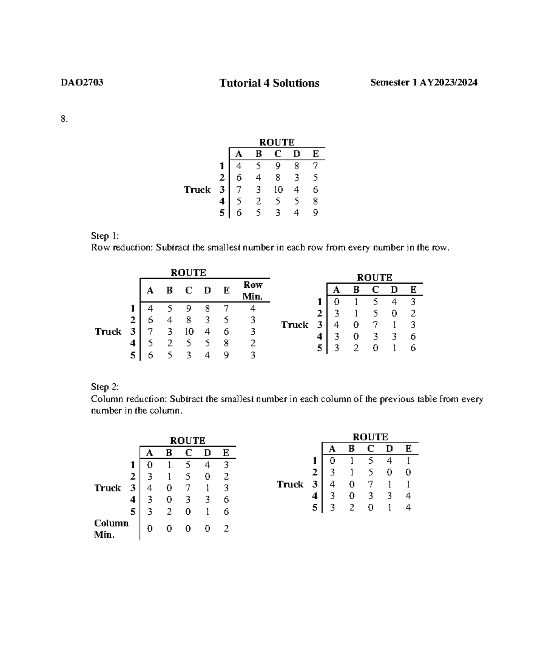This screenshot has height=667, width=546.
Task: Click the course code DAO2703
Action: point(82,82)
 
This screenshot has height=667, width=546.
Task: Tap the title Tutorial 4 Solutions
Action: point(269,83)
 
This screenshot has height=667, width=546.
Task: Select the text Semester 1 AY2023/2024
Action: point(424,82)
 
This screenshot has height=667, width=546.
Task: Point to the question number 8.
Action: point(64,119)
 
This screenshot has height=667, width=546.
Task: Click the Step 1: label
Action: point(105,236)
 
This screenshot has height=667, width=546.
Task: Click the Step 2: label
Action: point(105,387)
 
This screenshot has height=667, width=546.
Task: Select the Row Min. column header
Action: point(253,291)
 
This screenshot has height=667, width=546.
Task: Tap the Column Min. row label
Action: point(111,529)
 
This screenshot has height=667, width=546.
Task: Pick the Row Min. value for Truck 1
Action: point(253,308)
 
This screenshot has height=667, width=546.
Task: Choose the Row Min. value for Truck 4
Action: point(253,343)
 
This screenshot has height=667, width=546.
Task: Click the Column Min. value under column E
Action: point(226,529)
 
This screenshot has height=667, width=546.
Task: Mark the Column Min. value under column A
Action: point(150,529)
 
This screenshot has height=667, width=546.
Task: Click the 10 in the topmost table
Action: point(278,190)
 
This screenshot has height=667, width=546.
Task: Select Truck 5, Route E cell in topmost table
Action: point(315,213)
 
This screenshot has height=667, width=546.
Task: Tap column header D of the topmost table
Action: point(297,154)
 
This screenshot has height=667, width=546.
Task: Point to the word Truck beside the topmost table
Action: point(197,190)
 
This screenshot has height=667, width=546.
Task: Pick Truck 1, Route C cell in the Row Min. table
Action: point(188,308)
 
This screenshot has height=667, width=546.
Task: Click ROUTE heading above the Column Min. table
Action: point(187,441)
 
